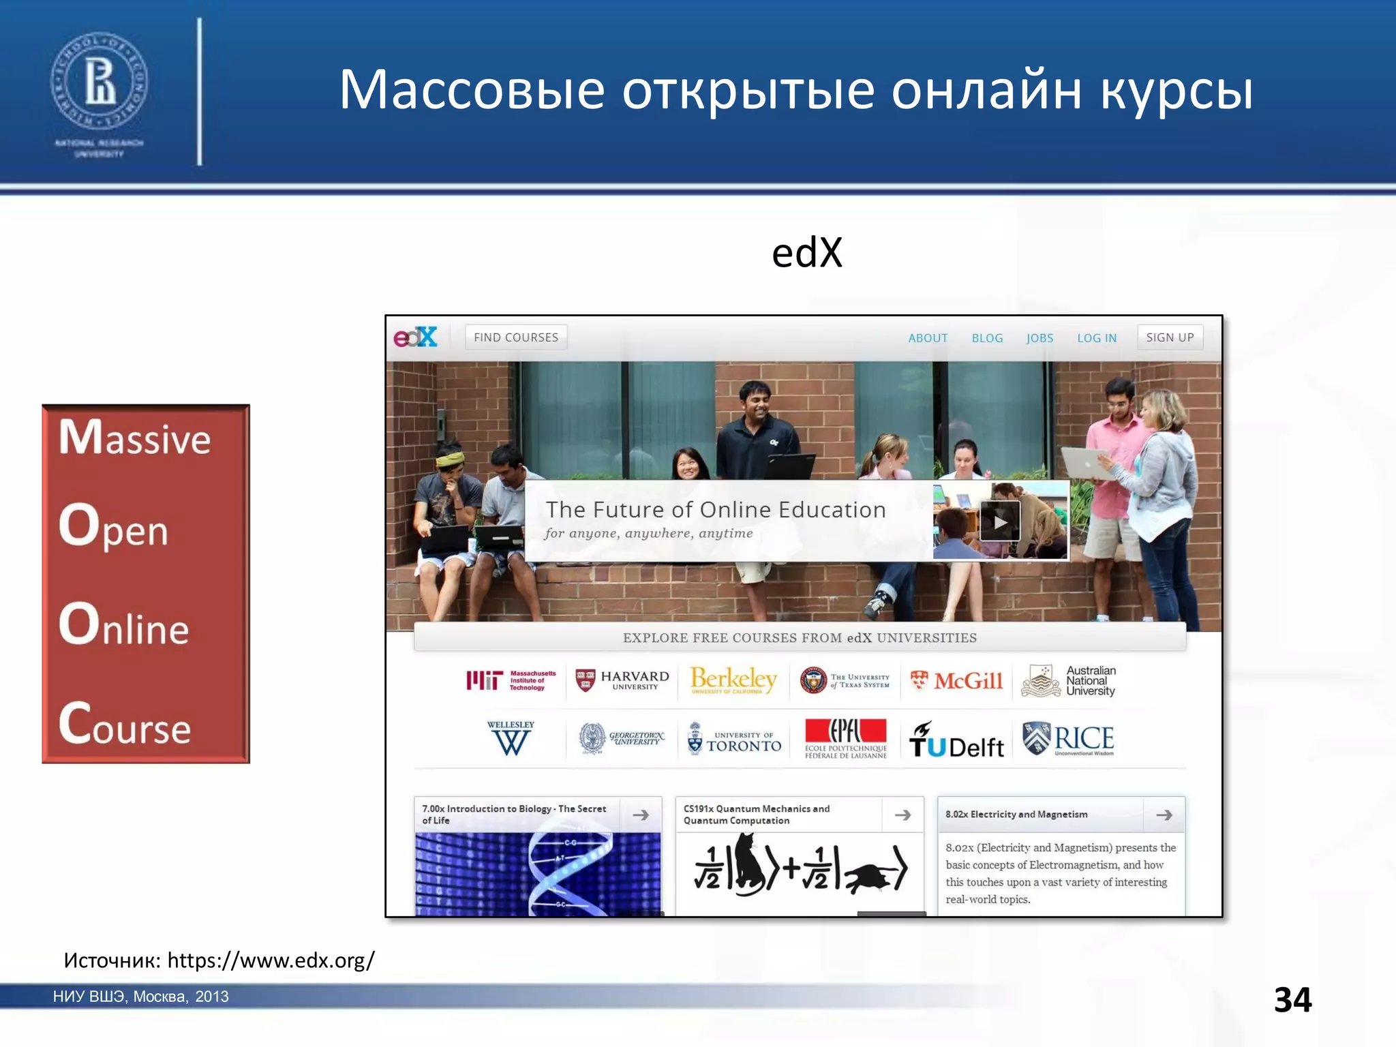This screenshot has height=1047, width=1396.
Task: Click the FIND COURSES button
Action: (516, 337)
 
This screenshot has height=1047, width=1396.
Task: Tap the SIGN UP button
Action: (1170, 337)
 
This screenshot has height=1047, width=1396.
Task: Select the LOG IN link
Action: (1097, 338)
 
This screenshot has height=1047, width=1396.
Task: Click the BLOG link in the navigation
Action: (987, 338)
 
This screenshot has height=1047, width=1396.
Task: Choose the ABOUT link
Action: (928, 338)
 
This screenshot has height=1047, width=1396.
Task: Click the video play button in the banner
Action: (999, 521)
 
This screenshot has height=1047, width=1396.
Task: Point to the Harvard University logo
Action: (622, 680)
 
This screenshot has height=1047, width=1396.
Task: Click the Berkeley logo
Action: (733, 680)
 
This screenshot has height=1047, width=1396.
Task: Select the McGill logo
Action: (957, 680)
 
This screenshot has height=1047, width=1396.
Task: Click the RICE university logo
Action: (1068, 740)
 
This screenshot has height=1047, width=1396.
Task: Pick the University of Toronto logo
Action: (734, 740)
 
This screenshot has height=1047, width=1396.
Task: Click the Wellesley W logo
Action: (511, 739)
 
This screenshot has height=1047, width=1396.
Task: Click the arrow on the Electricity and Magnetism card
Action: (1164, 815)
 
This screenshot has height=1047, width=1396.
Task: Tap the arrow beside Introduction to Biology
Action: (641, 815)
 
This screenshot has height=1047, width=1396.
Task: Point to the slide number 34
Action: (1292, 1000)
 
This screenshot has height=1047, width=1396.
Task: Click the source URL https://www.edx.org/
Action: (271, 960)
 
